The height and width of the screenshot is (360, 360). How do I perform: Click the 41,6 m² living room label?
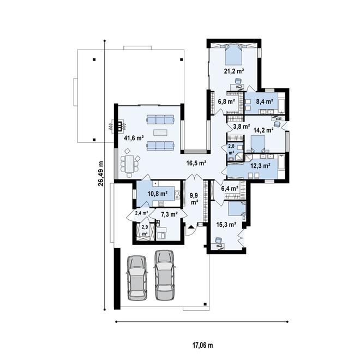[x=134, y=138]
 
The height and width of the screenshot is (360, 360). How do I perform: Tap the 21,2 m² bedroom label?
[x=234, y=71]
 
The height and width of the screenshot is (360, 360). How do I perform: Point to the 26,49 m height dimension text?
[x=100, y=173]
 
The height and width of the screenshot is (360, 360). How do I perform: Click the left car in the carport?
[x=137, y=277]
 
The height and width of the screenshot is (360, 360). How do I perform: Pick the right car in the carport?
[x=165, y=275]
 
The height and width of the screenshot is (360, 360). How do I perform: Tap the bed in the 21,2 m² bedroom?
[x=233, y=55]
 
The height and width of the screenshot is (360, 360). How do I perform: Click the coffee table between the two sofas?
[x=160, y=133]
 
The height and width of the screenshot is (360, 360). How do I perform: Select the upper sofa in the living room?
[x=160, y=120]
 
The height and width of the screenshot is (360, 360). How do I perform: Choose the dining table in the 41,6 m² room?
[x=129, y=164]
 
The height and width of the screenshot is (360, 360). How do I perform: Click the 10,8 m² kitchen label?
[x=157, y=194]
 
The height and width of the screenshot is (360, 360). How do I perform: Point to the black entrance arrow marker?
[x=191, y=227]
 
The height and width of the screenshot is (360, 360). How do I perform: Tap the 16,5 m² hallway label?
[x=196, y=163]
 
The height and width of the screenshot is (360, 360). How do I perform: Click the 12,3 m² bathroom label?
[x=260, y=165]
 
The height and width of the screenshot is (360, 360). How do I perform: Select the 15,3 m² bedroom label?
[x=226, y=224]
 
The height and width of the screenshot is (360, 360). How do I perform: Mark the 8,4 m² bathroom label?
[x=265, y=101]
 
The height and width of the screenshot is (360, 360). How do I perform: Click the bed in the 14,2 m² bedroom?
[x=257, y=143]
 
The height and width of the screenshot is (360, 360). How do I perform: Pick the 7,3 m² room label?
[x=169, y=214]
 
